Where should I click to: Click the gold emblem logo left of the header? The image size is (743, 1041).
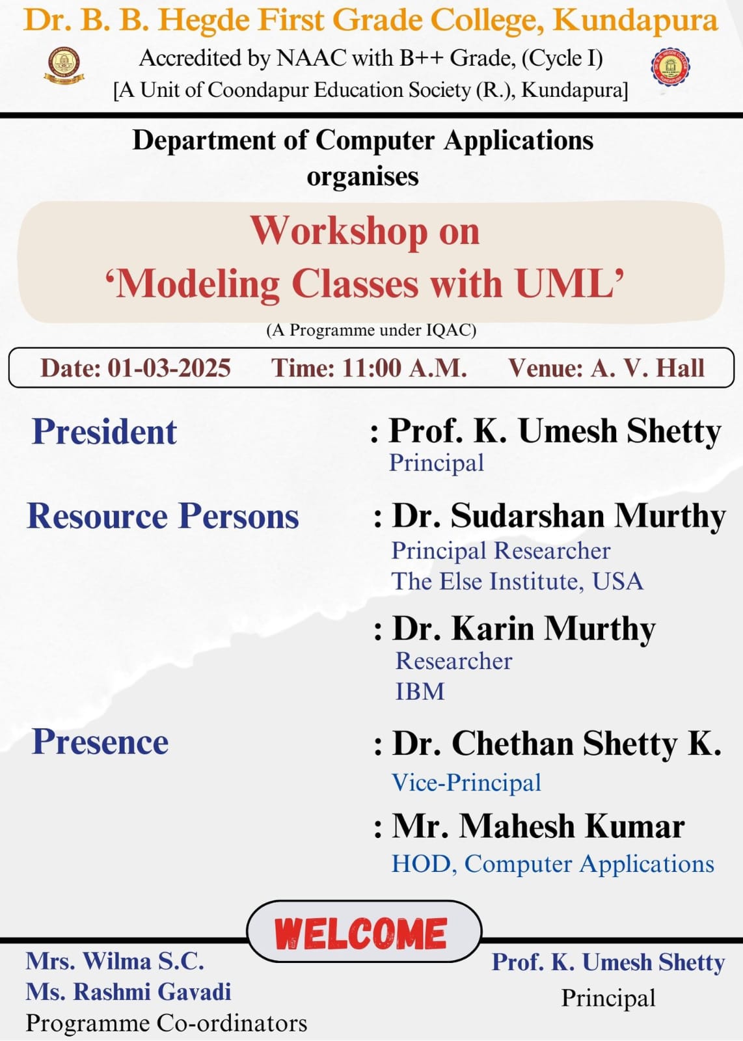pos(64,66)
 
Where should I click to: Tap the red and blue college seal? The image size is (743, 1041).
pos(670,67)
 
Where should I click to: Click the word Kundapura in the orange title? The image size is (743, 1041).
pos(635,20)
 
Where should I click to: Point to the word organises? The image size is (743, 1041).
pos(362,177)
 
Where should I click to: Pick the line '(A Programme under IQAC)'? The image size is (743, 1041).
pos(371,330)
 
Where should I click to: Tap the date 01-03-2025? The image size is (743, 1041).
pos(169,368)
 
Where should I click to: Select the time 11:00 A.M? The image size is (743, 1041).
pos(404,368)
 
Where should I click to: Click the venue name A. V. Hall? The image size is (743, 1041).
pos(648,368)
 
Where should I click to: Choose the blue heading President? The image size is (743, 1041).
pos(104,432)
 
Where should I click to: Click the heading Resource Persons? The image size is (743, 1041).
pos(163,516)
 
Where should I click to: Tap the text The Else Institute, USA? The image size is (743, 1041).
pos(517,581)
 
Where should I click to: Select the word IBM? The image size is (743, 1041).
pos(420,691)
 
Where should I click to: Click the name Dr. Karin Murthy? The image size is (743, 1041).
pos(524,629)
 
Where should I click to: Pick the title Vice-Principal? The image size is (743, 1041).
pos(466,782)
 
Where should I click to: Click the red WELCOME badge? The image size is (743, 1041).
pos(364,933)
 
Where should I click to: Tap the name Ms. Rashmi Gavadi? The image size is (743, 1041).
pos(128,992)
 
